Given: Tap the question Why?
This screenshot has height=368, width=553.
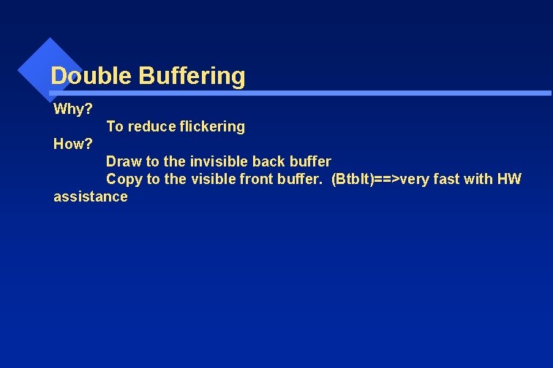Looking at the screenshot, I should coord(73,110).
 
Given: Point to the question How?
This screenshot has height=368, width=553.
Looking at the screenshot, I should coord(73,144).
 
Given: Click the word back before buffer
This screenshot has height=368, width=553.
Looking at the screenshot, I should coord(268,161).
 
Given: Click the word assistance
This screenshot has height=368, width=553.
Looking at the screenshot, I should coord(91,196).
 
